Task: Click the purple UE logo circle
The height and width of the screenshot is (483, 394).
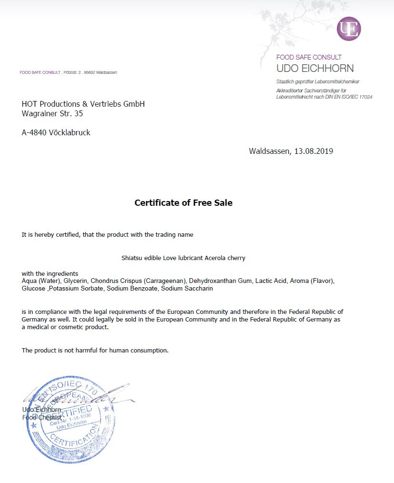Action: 349,29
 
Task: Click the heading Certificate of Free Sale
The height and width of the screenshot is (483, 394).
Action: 183,203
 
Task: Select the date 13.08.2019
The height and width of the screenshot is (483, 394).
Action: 313,151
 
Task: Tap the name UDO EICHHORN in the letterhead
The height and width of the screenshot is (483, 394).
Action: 315,68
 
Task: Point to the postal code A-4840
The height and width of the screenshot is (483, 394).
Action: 34,133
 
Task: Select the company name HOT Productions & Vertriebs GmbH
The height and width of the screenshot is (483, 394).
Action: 83,104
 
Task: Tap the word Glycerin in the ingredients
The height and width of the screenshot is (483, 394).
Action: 76,281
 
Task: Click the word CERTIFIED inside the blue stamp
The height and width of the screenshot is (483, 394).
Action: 79,412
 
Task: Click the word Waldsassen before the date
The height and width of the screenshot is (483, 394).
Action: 270,151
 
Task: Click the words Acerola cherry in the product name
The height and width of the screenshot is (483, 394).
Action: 225,258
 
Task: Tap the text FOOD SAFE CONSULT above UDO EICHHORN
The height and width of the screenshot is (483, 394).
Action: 309,57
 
